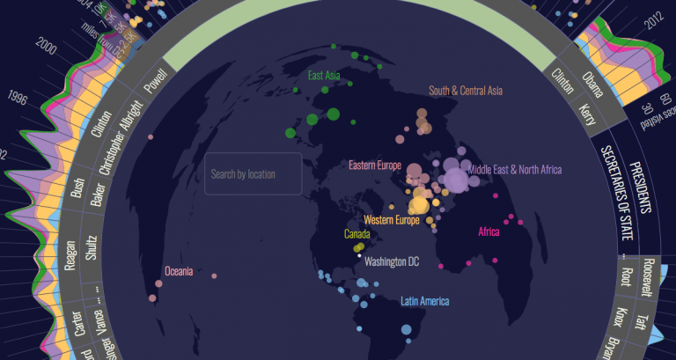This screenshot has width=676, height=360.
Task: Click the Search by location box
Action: pos(253,174)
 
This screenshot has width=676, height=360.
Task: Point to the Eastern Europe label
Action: pos(374,165)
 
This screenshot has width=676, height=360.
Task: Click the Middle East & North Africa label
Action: pos(514,170)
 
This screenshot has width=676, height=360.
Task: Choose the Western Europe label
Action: pos(391,219)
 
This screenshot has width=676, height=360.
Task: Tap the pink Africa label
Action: pos(489,232)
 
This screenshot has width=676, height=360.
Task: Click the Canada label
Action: pos(356,235)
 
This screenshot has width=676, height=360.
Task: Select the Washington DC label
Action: pos(392,261)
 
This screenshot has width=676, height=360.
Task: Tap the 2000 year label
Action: pos(48,48)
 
